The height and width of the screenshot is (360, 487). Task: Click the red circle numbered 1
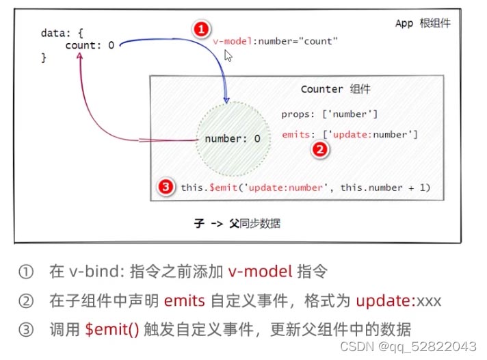(x=201, y=29)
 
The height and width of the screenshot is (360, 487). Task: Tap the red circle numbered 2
(x=320, y=149)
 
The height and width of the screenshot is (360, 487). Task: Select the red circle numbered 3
(x=166, y=187)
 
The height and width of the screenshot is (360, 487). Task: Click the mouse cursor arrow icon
(x=228, y=56)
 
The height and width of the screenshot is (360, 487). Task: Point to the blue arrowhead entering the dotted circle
(x=226, y=100)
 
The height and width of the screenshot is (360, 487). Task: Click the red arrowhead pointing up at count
(x=80, y=55)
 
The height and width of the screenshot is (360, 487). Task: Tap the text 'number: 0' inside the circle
(x=233, y=139)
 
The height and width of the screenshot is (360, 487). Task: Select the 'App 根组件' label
(x=423, y=23)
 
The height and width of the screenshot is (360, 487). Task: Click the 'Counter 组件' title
(x=335, y=89)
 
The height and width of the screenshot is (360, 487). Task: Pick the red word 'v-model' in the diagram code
(x=233, y=41)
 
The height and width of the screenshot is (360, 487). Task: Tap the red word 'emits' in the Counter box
(x=295, y=134)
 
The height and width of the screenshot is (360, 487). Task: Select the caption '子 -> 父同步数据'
(x=237, y=223)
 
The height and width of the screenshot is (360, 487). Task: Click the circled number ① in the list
(x=26, y=272)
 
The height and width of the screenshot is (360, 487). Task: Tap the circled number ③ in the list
(x=26, y=329)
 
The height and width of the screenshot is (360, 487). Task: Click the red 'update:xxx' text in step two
(x=399, y=301)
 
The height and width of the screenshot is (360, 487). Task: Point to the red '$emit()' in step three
(x=112, y=329)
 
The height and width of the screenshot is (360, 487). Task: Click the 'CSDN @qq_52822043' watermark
(x=408, y=346)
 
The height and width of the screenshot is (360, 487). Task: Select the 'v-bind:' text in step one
(x=97, y=272)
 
